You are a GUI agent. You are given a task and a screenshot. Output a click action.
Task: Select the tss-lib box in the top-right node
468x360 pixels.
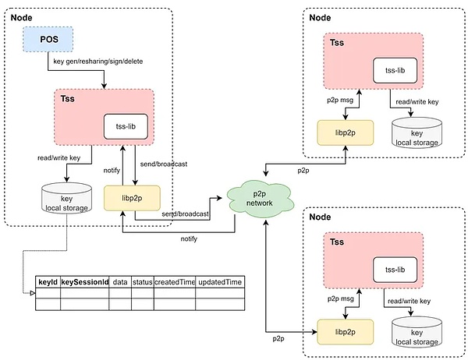tap(395, 71)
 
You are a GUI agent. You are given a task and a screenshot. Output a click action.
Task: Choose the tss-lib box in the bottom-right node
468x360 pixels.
tap(395, 270)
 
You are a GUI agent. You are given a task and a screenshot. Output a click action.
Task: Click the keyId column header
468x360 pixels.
tap(47, 281)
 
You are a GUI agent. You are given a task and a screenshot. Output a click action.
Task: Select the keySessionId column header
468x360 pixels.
tap(83, 281)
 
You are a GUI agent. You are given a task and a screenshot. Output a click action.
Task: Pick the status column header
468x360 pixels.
tap(142, 281)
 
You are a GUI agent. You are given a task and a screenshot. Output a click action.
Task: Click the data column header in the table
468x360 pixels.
tap(119, 281)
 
